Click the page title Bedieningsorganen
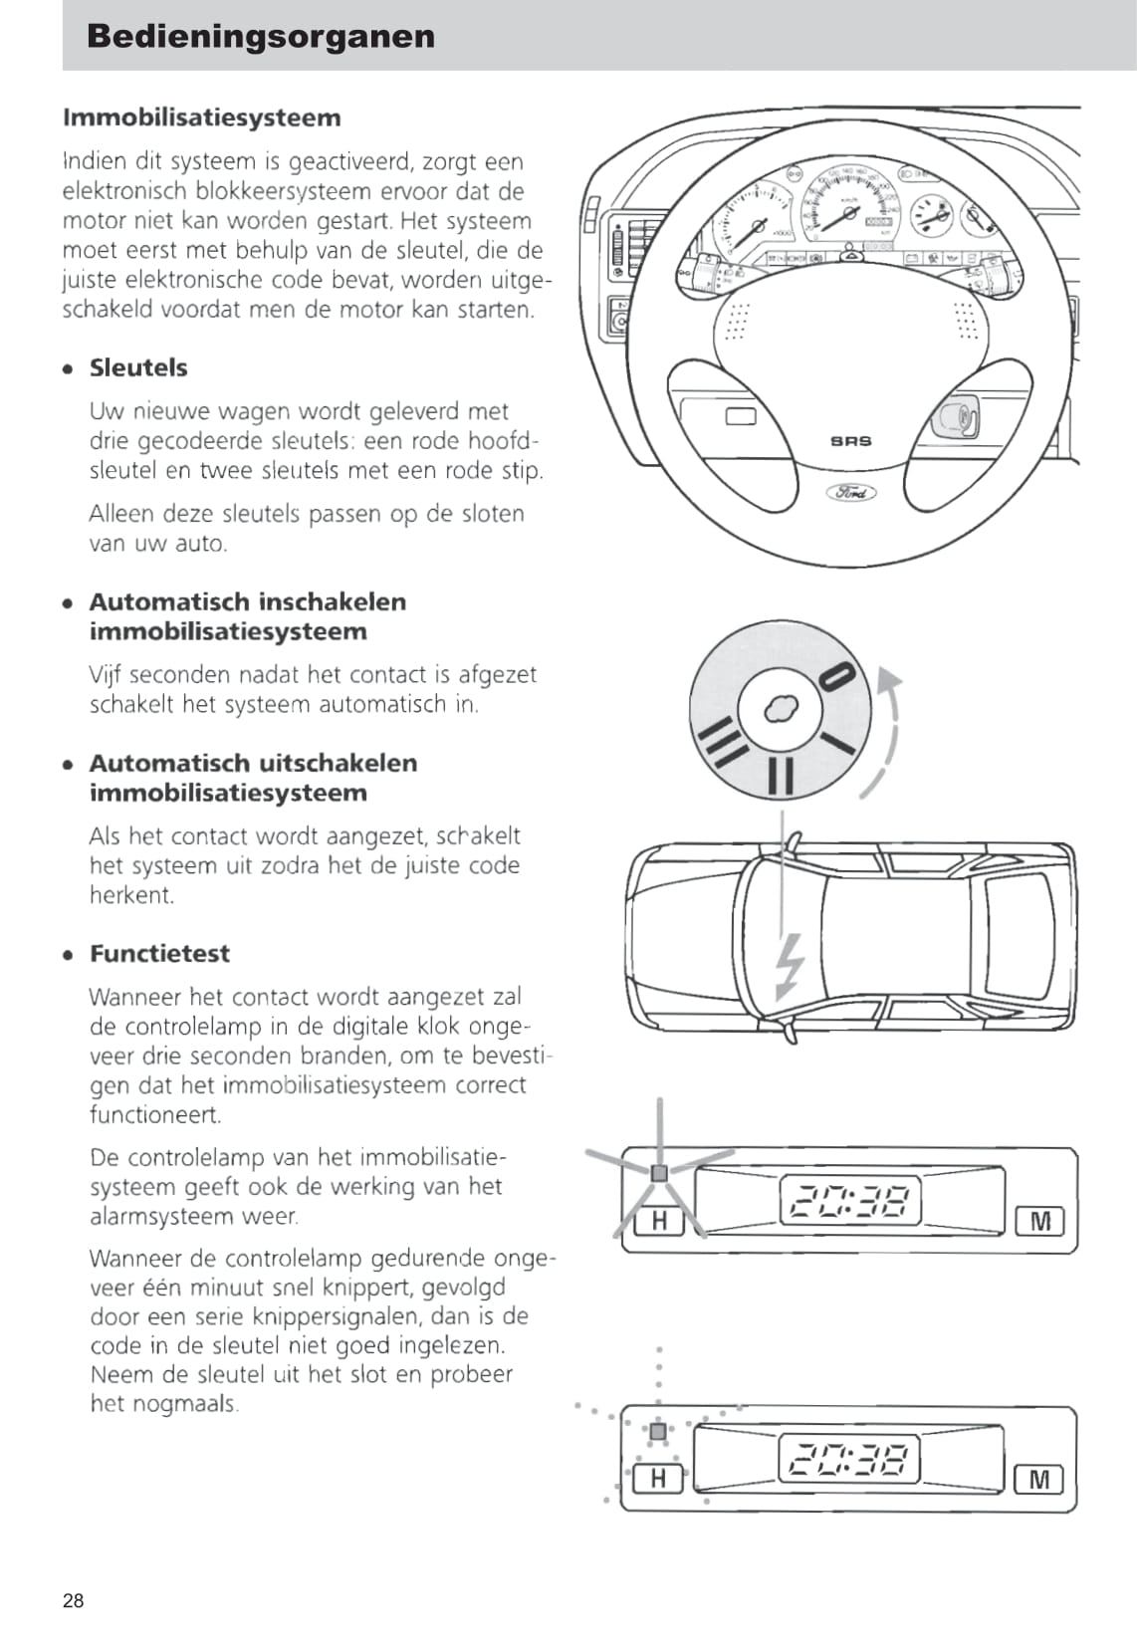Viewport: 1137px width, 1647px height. (x=261, y=36)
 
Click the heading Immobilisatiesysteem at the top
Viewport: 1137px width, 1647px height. (x=202, y=118)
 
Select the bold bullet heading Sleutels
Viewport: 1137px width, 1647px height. (x=138, y=367)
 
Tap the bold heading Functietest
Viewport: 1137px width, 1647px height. (x=159, y=953)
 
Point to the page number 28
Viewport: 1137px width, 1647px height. (x=74, y=1600)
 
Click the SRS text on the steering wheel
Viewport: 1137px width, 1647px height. (x=851, y=441)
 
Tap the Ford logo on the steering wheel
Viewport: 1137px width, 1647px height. (x=851, y=492)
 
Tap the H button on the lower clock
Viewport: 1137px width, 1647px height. (x=658, y=1479)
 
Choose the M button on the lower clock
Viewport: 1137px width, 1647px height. (x=1038, y=1480)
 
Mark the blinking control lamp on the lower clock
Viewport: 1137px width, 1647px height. (x=658, y=1432)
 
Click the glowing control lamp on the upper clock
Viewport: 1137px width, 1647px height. (x=659, y=1173)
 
